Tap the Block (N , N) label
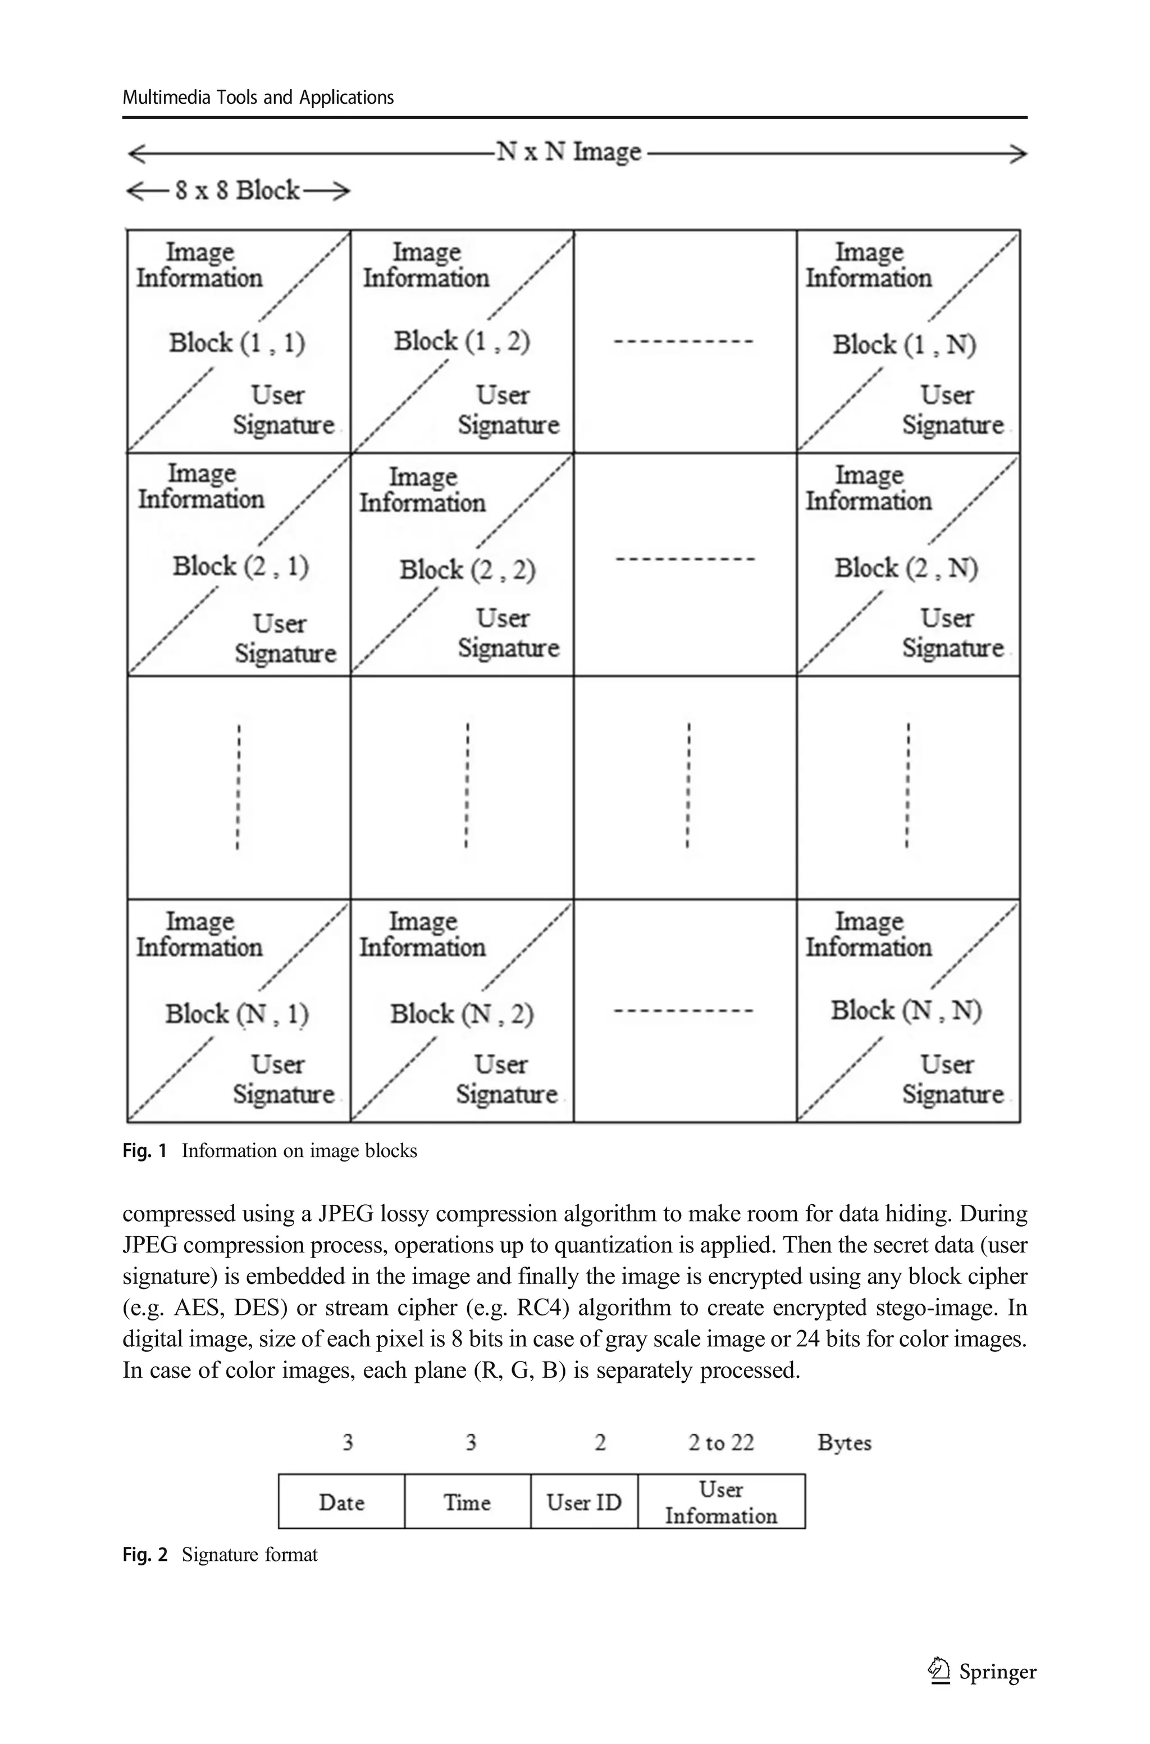(x=906, y=1010)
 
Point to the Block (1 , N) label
(x=903, y=345)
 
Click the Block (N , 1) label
(x=237, y=1014)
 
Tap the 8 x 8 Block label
(x=238, y=190)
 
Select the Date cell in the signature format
(x=342, y=1502)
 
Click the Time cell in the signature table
(x=467, y=1502)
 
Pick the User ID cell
(x=584, y=1502)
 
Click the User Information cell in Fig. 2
(x=721, y=1502)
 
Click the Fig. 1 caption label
(x=144, y=1151)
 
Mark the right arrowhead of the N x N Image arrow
(x=1020, y=154)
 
